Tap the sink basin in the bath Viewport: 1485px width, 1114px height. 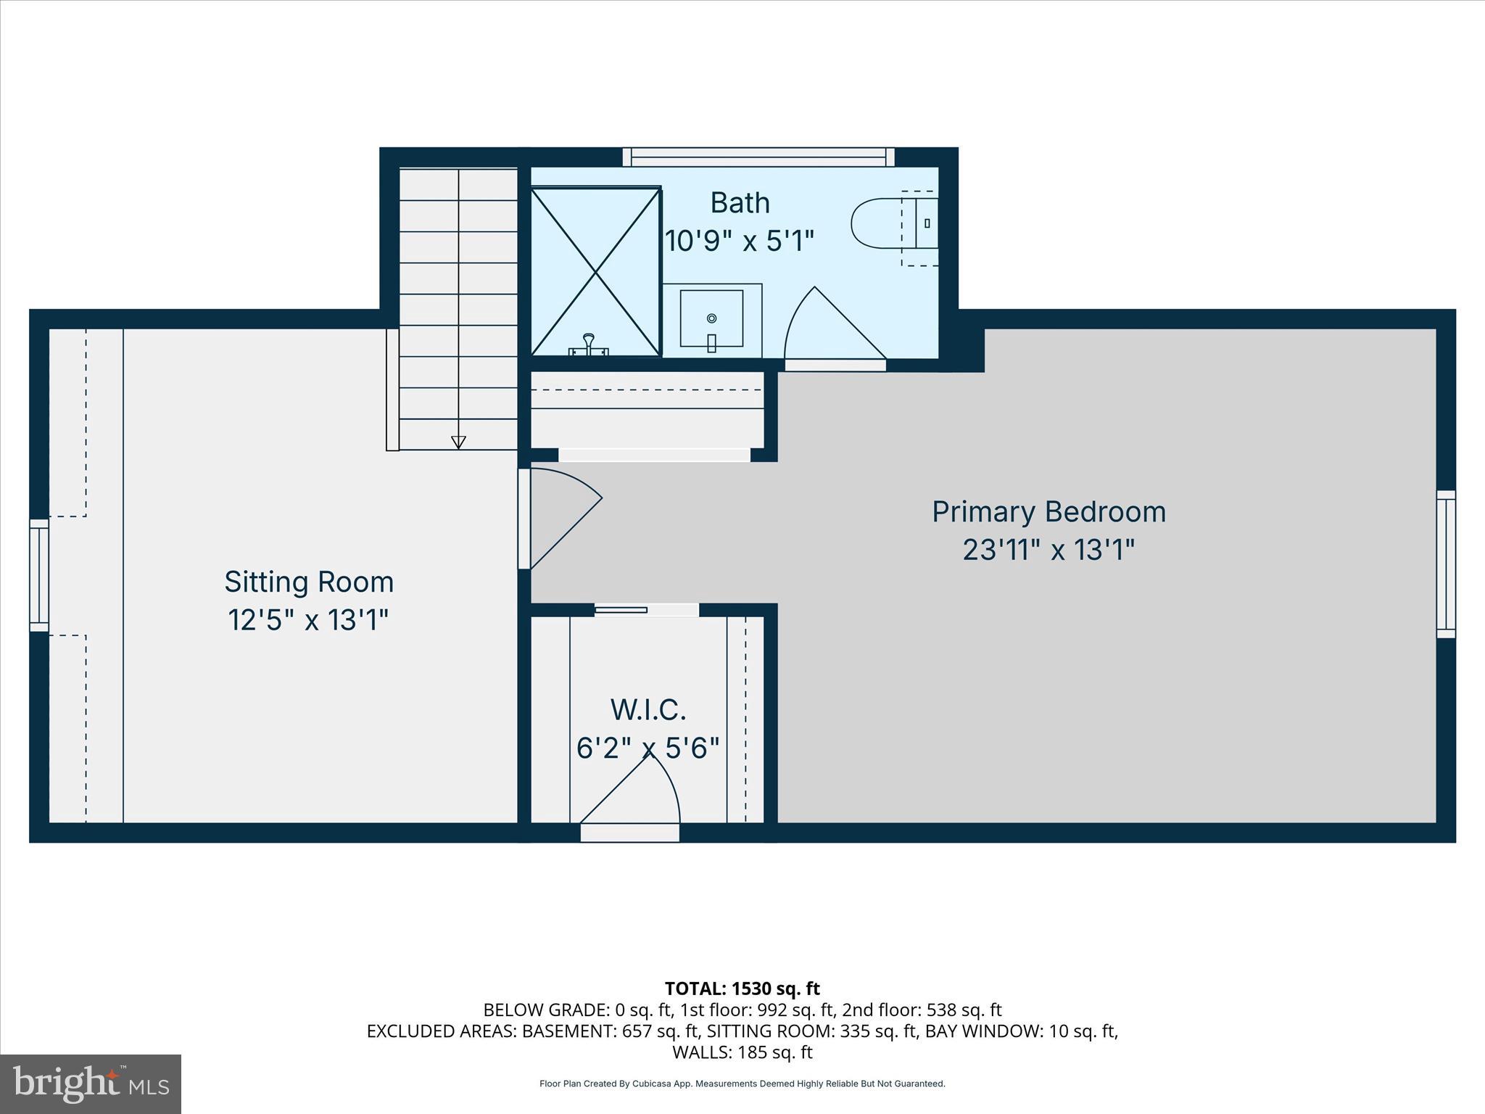711,319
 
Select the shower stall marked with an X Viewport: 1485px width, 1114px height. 595,272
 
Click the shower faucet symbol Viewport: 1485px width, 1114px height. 589,344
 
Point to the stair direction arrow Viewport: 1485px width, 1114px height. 458,442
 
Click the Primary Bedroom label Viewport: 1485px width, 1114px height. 1048,512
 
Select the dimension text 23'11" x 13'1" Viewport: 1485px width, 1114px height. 1048,550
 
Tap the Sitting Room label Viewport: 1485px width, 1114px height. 309,582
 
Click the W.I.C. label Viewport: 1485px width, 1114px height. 648,709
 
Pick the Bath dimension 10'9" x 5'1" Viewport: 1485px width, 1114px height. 740,240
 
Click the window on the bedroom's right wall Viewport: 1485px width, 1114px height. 1446,564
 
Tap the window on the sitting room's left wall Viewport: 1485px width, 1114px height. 39,575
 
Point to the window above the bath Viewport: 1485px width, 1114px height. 758,157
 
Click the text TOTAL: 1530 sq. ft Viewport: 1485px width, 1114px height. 742,989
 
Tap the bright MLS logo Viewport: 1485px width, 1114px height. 91,1084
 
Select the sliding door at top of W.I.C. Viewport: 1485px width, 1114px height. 645,610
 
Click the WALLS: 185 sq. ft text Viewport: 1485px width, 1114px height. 742,1052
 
